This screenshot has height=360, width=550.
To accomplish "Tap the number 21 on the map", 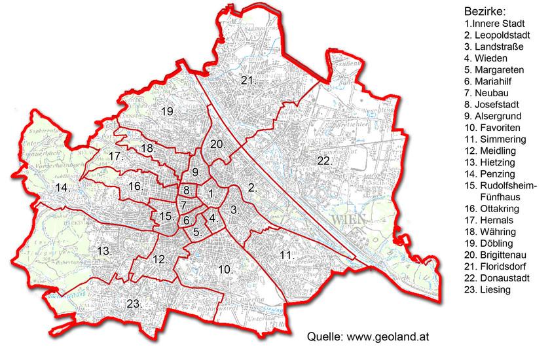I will pos(247,81).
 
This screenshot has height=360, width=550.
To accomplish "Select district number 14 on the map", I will pos(63,189).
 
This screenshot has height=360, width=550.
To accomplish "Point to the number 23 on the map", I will pos(134,304).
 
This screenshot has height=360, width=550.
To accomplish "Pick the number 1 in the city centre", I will pos(210,193).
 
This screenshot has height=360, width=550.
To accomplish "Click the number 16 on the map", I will pos(136,187).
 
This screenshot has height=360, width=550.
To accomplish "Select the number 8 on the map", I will pos(187,191).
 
